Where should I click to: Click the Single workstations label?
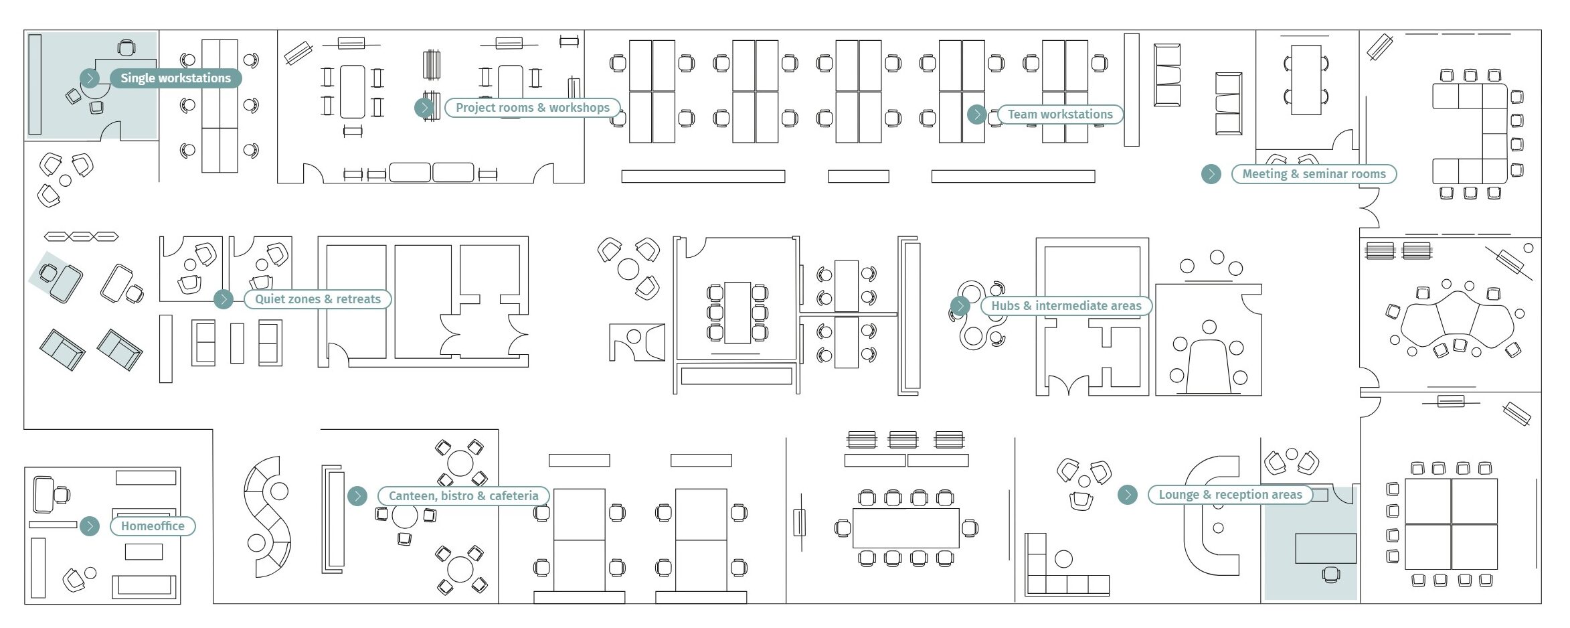tap(175, 78)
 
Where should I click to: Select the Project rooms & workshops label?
tap(533, 108)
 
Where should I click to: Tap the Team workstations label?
tap(1060, 114)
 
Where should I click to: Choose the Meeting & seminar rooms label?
tap(1314, 174)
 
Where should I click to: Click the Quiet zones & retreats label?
tap(318, 299)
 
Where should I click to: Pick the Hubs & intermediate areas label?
tap(1066, 306)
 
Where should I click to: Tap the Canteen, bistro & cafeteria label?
tap(463, 496)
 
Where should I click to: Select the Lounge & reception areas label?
tap(1230, 495)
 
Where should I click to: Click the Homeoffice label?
tap(153, 526)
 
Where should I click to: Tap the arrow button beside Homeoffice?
tap(90, 526)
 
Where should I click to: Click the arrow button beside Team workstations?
tap(977, 114)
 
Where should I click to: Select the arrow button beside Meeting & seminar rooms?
tap(1211, 174)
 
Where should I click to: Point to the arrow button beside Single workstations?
tap(90, 78)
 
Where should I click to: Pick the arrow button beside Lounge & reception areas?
tap(1128, 495)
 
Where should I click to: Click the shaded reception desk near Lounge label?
tap(1326, 548)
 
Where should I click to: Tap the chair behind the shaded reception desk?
tap(1331, 574)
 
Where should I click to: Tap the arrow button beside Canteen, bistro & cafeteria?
tap(357, 496)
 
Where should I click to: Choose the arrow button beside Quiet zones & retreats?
tap(224, 299)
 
